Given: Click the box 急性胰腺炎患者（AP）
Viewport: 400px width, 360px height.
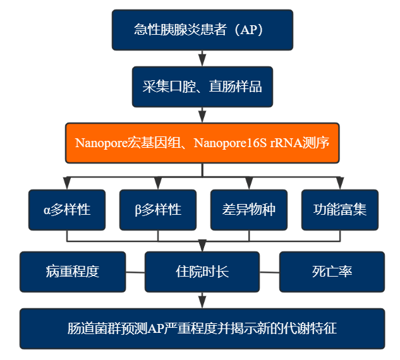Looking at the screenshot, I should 202,30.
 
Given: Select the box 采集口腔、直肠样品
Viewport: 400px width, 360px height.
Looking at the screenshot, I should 202,87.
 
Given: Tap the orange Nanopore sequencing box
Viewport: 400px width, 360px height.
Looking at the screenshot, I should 202,143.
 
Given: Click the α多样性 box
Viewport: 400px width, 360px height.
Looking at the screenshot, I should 67,210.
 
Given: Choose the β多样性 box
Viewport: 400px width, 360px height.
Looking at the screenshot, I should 158,210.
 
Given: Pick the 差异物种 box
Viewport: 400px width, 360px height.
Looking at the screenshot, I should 249,210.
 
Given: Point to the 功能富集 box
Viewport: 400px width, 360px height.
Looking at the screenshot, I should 340,210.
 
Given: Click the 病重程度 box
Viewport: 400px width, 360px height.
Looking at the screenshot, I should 73,272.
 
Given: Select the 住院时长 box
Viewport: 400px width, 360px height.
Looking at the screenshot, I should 202,272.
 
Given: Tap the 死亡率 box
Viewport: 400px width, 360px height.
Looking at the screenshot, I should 332,272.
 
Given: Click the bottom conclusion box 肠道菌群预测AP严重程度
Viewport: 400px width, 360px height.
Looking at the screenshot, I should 202,328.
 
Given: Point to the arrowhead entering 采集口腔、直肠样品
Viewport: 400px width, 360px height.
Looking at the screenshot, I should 202,61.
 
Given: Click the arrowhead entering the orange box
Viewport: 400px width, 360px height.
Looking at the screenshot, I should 202,117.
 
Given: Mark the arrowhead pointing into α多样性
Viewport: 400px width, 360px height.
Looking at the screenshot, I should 67,184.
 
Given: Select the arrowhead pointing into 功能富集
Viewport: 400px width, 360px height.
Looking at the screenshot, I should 340,184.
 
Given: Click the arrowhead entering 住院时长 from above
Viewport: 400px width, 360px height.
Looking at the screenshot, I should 202,246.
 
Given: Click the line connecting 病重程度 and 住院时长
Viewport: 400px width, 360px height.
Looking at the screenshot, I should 135,272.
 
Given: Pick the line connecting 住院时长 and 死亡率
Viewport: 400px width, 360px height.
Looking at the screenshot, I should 269,272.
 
